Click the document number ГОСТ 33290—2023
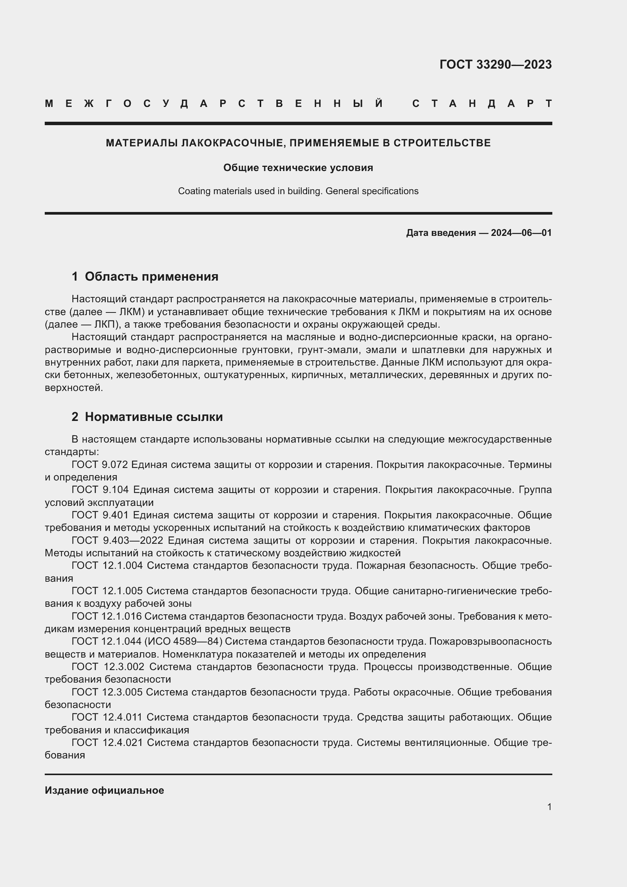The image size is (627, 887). (x=495, y=64)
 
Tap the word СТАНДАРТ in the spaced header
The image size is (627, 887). (x=482, y=104)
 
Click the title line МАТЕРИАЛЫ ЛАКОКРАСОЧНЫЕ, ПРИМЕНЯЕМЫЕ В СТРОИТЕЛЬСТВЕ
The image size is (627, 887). (x=298, y=143)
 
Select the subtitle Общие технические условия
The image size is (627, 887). (x=298, y=168)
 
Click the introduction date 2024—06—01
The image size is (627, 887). (x=521, y=233)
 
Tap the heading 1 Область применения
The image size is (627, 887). (x=145, y=276)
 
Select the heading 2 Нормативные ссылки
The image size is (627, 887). (x=147, y=417)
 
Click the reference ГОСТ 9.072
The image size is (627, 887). (x=100, y=465)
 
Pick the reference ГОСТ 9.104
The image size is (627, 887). (x=100, y=490)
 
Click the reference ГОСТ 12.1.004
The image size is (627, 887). (x=107, y=565)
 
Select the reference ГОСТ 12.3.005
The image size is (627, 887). (x=107, y=692)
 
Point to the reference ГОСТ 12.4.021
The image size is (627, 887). (x=107, y=743)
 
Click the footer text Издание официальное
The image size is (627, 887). (x=104, y=790)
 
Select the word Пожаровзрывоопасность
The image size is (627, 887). (x=490, y=641)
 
